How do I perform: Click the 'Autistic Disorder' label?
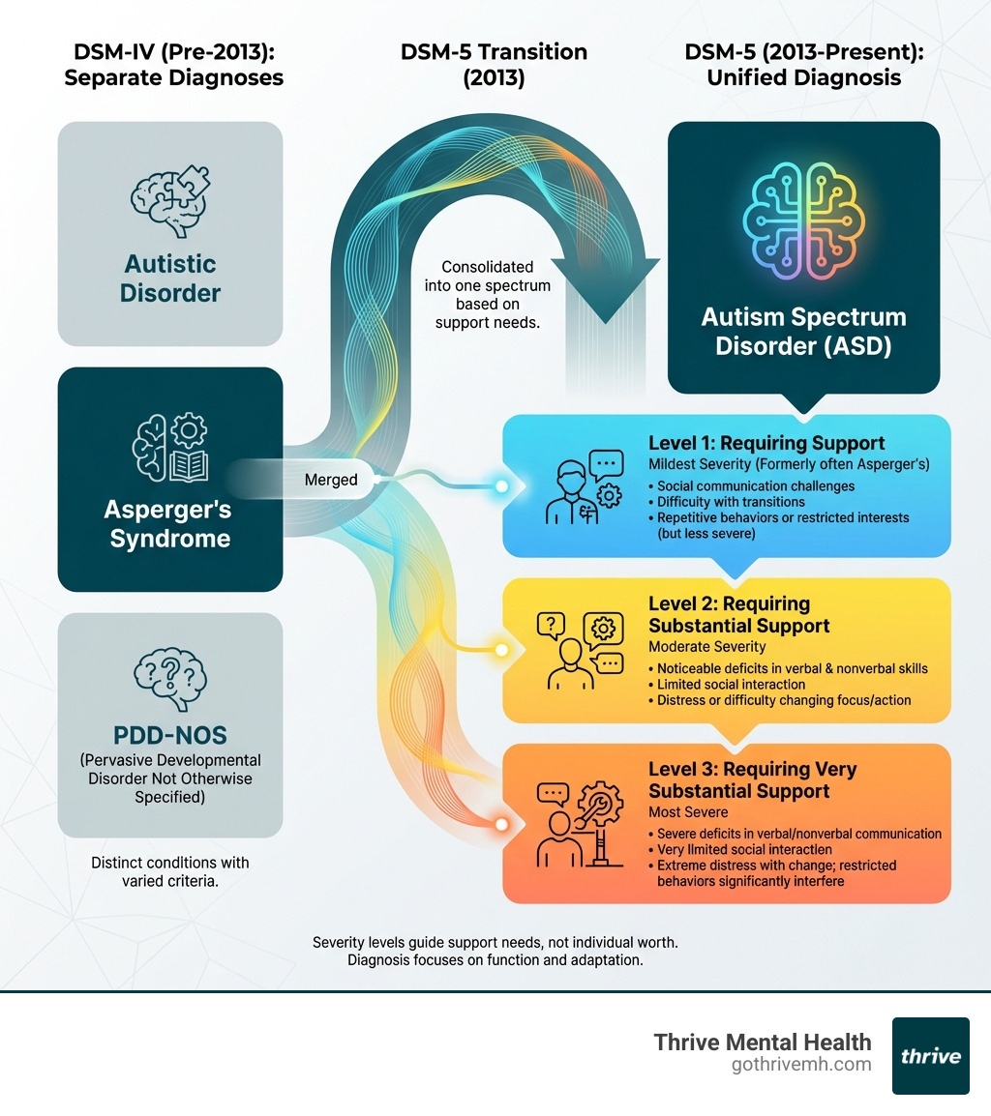[170, 279]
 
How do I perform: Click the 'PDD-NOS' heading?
[170, 731]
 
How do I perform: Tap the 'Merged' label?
[331, 480]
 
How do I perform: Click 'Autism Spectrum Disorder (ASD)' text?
[803, 331]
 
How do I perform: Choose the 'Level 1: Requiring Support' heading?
[766, 444]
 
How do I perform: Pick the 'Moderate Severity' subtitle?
[706, 646]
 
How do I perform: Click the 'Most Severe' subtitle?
[688, 812]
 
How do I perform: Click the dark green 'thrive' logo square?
[930, 1055]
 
